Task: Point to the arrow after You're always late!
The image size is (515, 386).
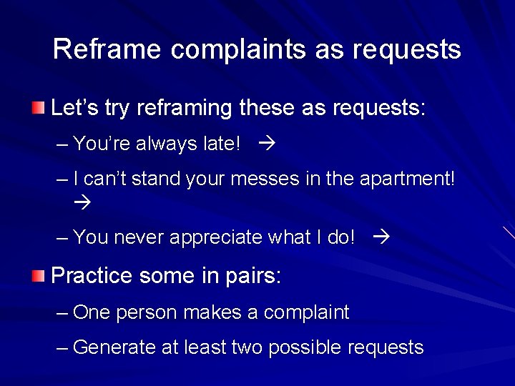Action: tap(268, 144)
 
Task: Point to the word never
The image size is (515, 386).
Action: tap(139, 237)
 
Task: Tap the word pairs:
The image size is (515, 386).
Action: tap(255, 276)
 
